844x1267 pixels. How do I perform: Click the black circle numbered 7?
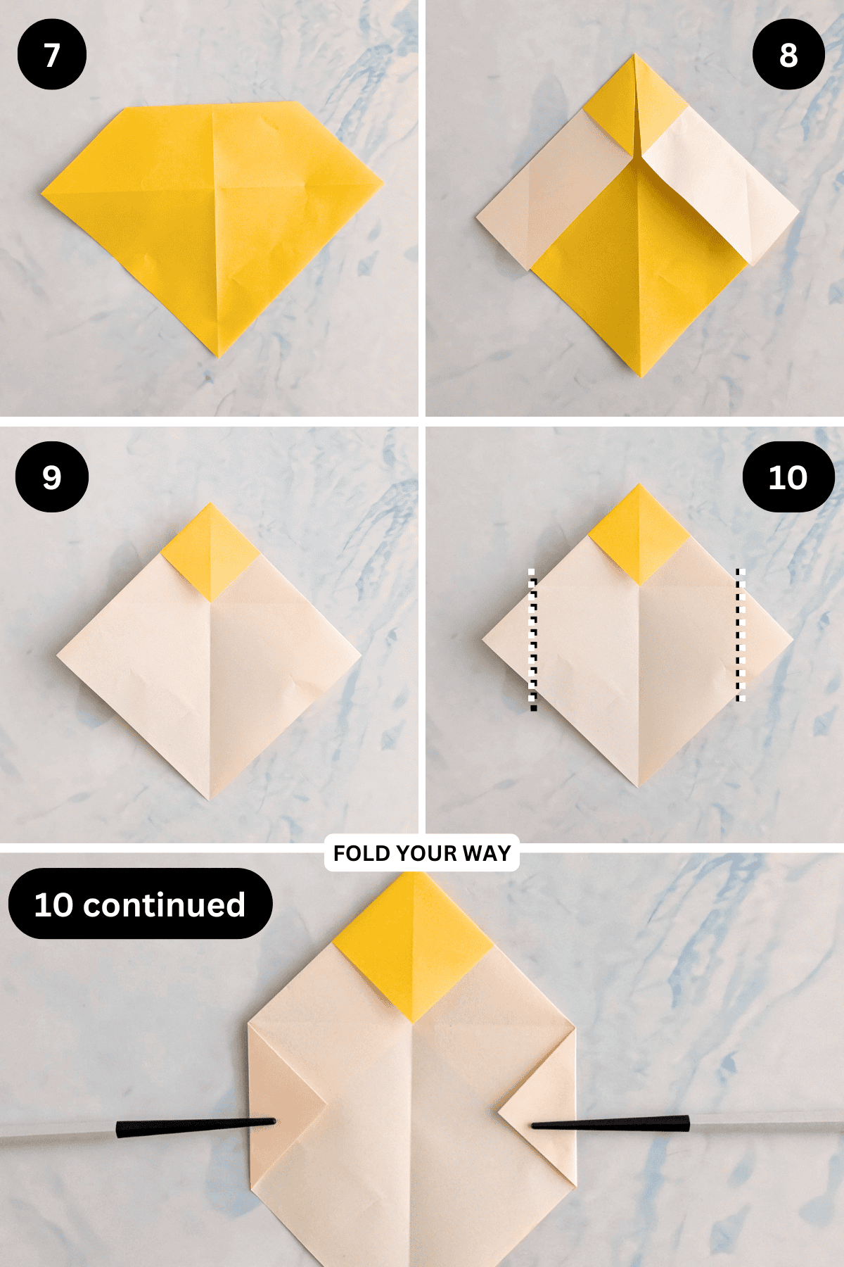click(52, 55)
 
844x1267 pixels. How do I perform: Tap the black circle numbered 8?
click(788, 55)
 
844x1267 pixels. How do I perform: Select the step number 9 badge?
click(52, 477)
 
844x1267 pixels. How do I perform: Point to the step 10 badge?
click(788, 477)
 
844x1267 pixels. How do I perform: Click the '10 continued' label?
click(140, 904)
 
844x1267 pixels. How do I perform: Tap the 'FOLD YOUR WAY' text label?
click(422, 853)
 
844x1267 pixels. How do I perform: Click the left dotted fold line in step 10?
click(533, 640)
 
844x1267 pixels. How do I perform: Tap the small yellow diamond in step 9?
click(210, 552)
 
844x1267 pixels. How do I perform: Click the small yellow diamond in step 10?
click(639, 534)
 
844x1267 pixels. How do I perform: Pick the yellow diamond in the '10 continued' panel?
click(414, 947)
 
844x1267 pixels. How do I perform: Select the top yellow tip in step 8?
click(634, 53)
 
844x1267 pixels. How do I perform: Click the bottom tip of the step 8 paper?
click(640, 377)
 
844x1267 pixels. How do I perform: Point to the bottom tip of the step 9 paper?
click(210, 800)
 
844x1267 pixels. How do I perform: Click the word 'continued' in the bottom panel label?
click(164, 904)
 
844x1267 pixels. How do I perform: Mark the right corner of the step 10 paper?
click(793, 640)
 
